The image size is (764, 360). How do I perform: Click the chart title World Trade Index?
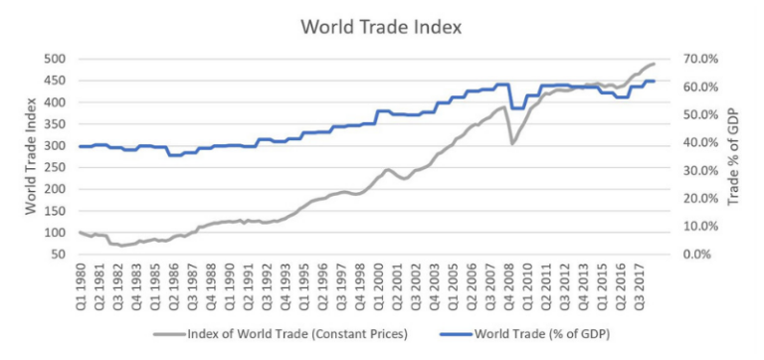pos(382,26)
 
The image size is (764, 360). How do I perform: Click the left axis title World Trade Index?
pos(32,156)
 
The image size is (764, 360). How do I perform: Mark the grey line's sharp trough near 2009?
pos(512,144)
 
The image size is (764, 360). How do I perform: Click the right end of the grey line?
pos(655,64)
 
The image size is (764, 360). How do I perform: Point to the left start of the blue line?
pos(81,146)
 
